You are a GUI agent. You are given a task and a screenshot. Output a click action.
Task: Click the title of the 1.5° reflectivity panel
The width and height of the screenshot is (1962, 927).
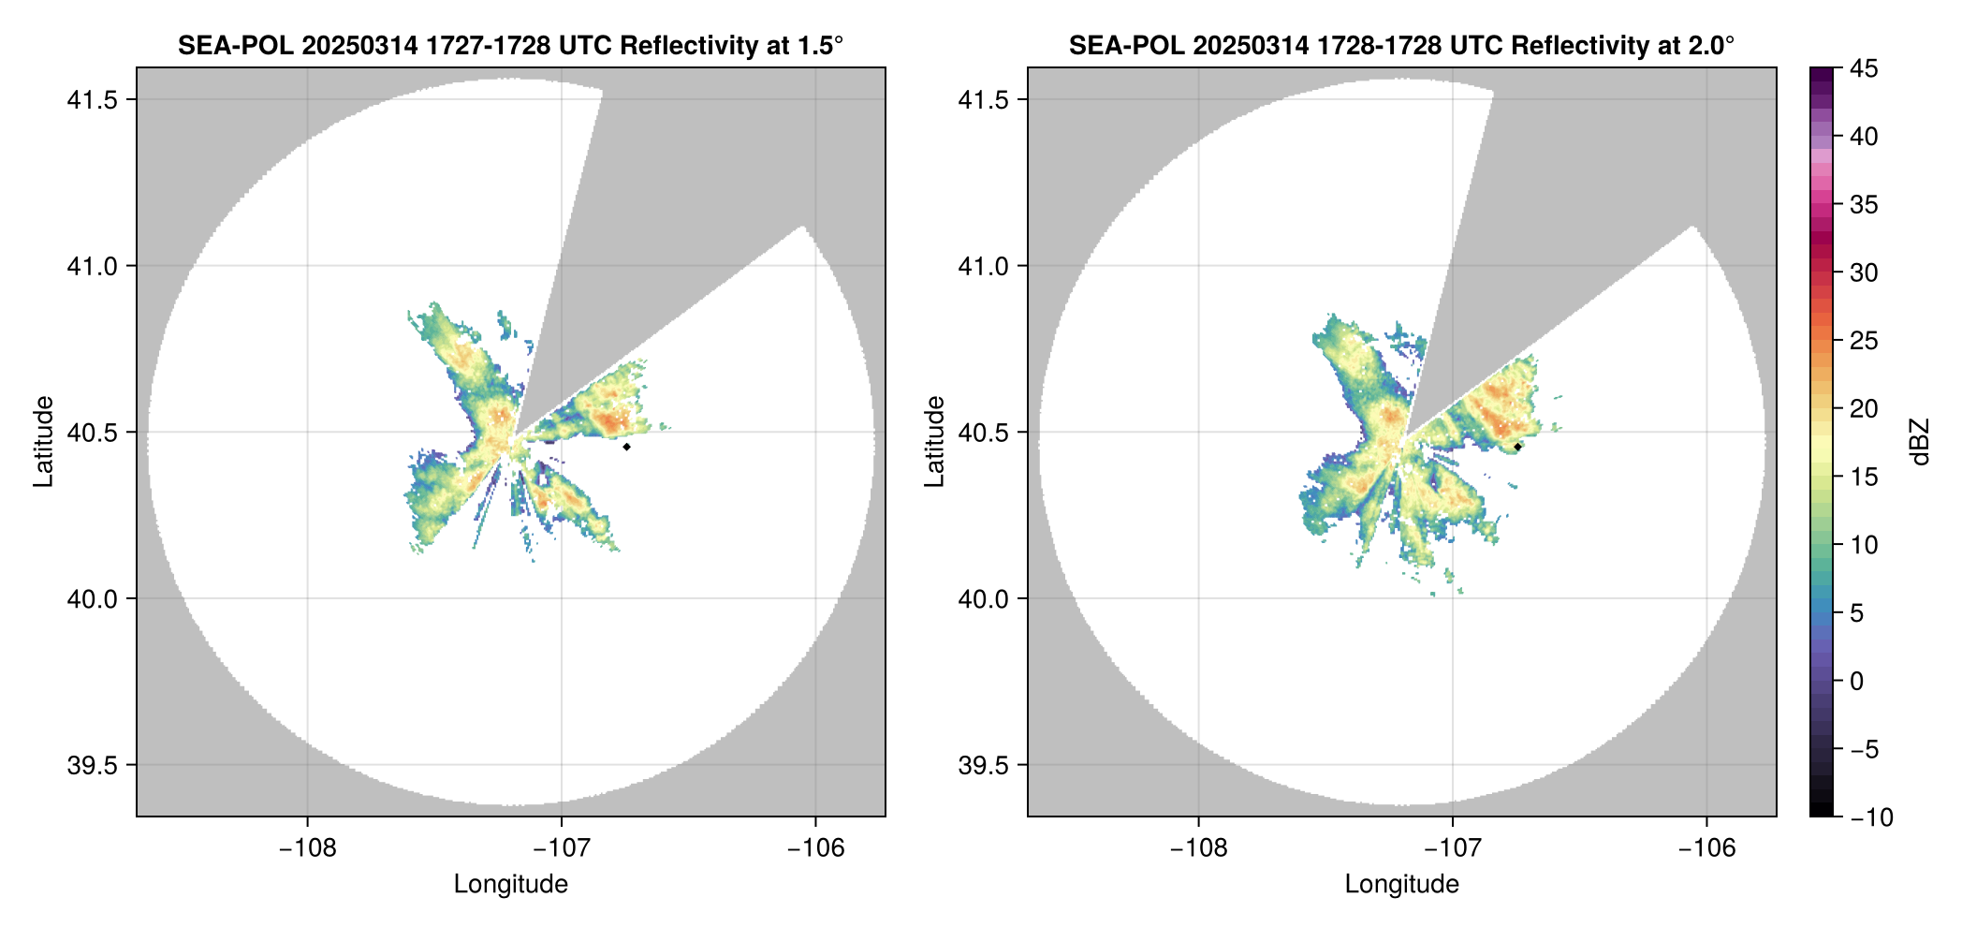[510, 45]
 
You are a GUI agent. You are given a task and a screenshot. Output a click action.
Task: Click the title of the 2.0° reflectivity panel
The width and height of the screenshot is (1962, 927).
[1401, 45]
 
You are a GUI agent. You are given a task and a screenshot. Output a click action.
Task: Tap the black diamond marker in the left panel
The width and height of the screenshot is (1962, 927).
[626, 447]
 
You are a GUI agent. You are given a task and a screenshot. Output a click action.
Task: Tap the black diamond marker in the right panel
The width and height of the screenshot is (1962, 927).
[1517, 447]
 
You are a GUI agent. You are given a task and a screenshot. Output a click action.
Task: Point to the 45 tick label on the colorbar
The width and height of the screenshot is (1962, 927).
[1863, 68]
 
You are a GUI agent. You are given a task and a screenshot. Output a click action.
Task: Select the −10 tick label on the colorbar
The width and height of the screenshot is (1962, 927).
[1871, 817]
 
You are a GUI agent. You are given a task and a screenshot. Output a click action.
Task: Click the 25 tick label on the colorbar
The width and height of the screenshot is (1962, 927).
[1863, 341]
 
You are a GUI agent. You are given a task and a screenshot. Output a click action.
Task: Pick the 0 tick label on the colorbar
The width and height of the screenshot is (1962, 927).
[1856, 681]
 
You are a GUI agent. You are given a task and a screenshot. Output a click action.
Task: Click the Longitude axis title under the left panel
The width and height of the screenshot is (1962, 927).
[511, 884]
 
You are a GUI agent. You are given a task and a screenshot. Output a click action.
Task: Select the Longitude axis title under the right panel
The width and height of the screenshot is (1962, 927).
[1402, 884]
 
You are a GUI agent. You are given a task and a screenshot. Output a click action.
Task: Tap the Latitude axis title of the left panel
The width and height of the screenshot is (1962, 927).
[43, 442]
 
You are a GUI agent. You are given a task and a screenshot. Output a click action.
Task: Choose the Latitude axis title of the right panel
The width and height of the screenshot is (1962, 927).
[934, 442]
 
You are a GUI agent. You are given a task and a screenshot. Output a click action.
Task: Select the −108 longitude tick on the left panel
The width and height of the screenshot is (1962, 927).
[307, 848]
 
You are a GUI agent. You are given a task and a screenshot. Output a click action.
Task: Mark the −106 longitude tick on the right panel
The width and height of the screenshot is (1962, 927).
[1707, 848]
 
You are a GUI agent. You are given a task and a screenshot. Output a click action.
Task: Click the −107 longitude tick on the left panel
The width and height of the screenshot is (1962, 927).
[562, 848]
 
